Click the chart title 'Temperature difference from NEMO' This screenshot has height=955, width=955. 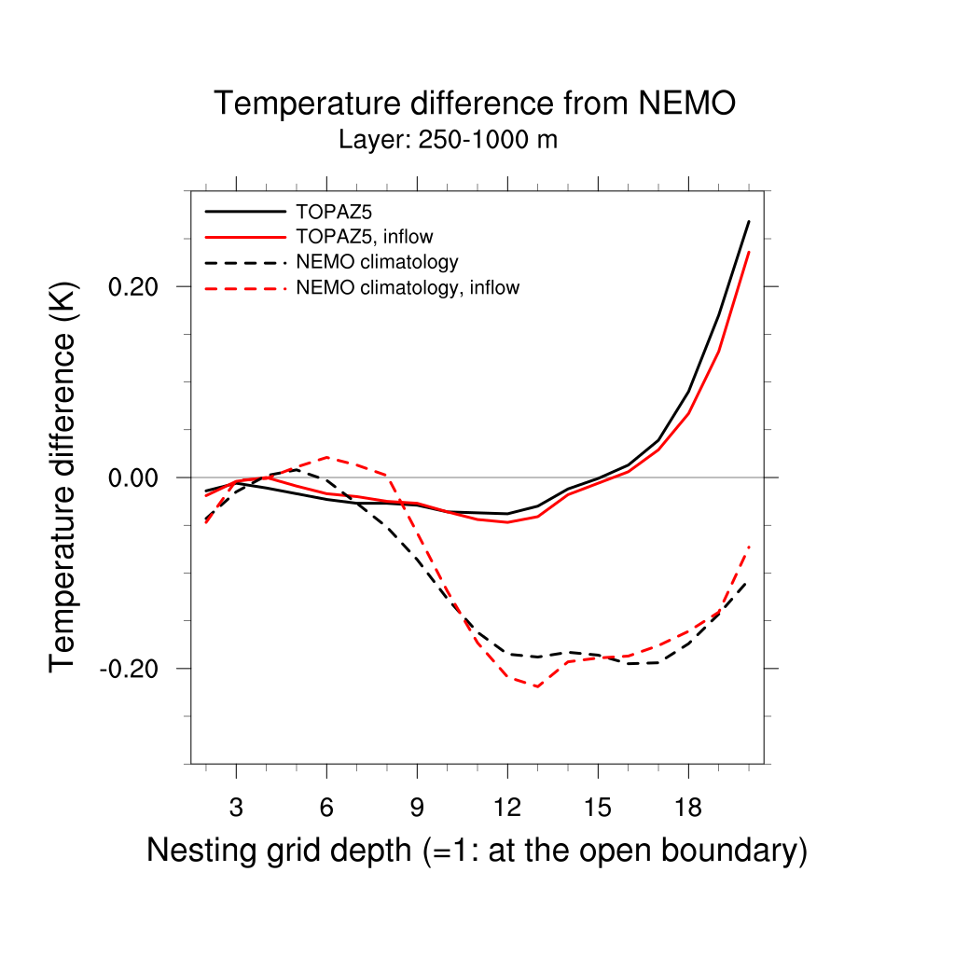coord(475,104)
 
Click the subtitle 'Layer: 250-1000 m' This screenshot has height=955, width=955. coord(448,141)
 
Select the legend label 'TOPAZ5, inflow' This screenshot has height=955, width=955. coord(364,235)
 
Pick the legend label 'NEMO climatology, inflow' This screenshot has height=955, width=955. coord(407,287)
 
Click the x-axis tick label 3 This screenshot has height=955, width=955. coord(236,806)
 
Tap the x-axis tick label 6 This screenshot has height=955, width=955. coord(326,806)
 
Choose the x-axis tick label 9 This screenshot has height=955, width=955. coord(417,806)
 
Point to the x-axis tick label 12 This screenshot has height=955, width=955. coord(507,806)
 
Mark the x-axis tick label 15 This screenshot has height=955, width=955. coord(598,806)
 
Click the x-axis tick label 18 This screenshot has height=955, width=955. coord(688,806)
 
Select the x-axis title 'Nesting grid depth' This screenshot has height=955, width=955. coord(477,851)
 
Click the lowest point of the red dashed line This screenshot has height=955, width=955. coord(538,686)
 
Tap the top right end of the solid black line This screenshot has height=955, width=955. coord(748,221)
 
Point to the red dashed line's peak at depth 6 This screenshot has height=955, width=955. coord(326,457)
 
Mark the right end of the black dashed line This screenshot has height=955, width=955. coord(748,582)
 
